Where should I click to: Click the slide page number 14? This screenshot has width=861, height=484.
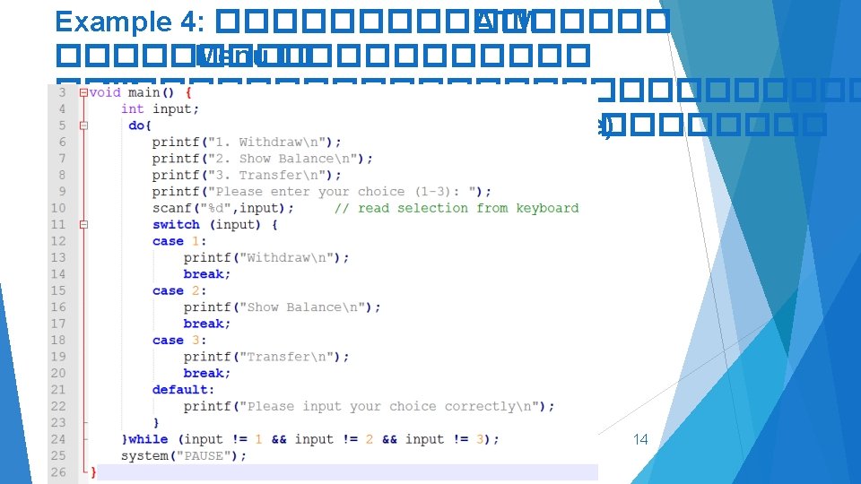point(640,439)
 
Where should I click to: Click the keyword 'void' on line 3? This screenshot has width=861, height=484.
point(105,92)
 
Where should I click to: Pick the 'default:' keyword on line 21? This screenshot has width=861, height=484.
point(183,390)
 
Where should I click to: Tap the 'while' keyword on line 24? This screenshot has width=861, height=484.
point(148,439)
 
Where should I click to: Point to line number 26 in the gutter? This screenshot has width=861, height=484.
point(58,472)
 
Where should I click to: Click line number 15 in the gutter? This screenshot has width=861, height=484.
point(58,290)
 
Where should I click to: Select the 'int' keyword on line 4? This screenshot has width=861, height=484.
point(132,108)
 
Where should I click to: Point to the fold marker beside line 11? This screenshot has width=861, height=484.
point(83,225)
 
